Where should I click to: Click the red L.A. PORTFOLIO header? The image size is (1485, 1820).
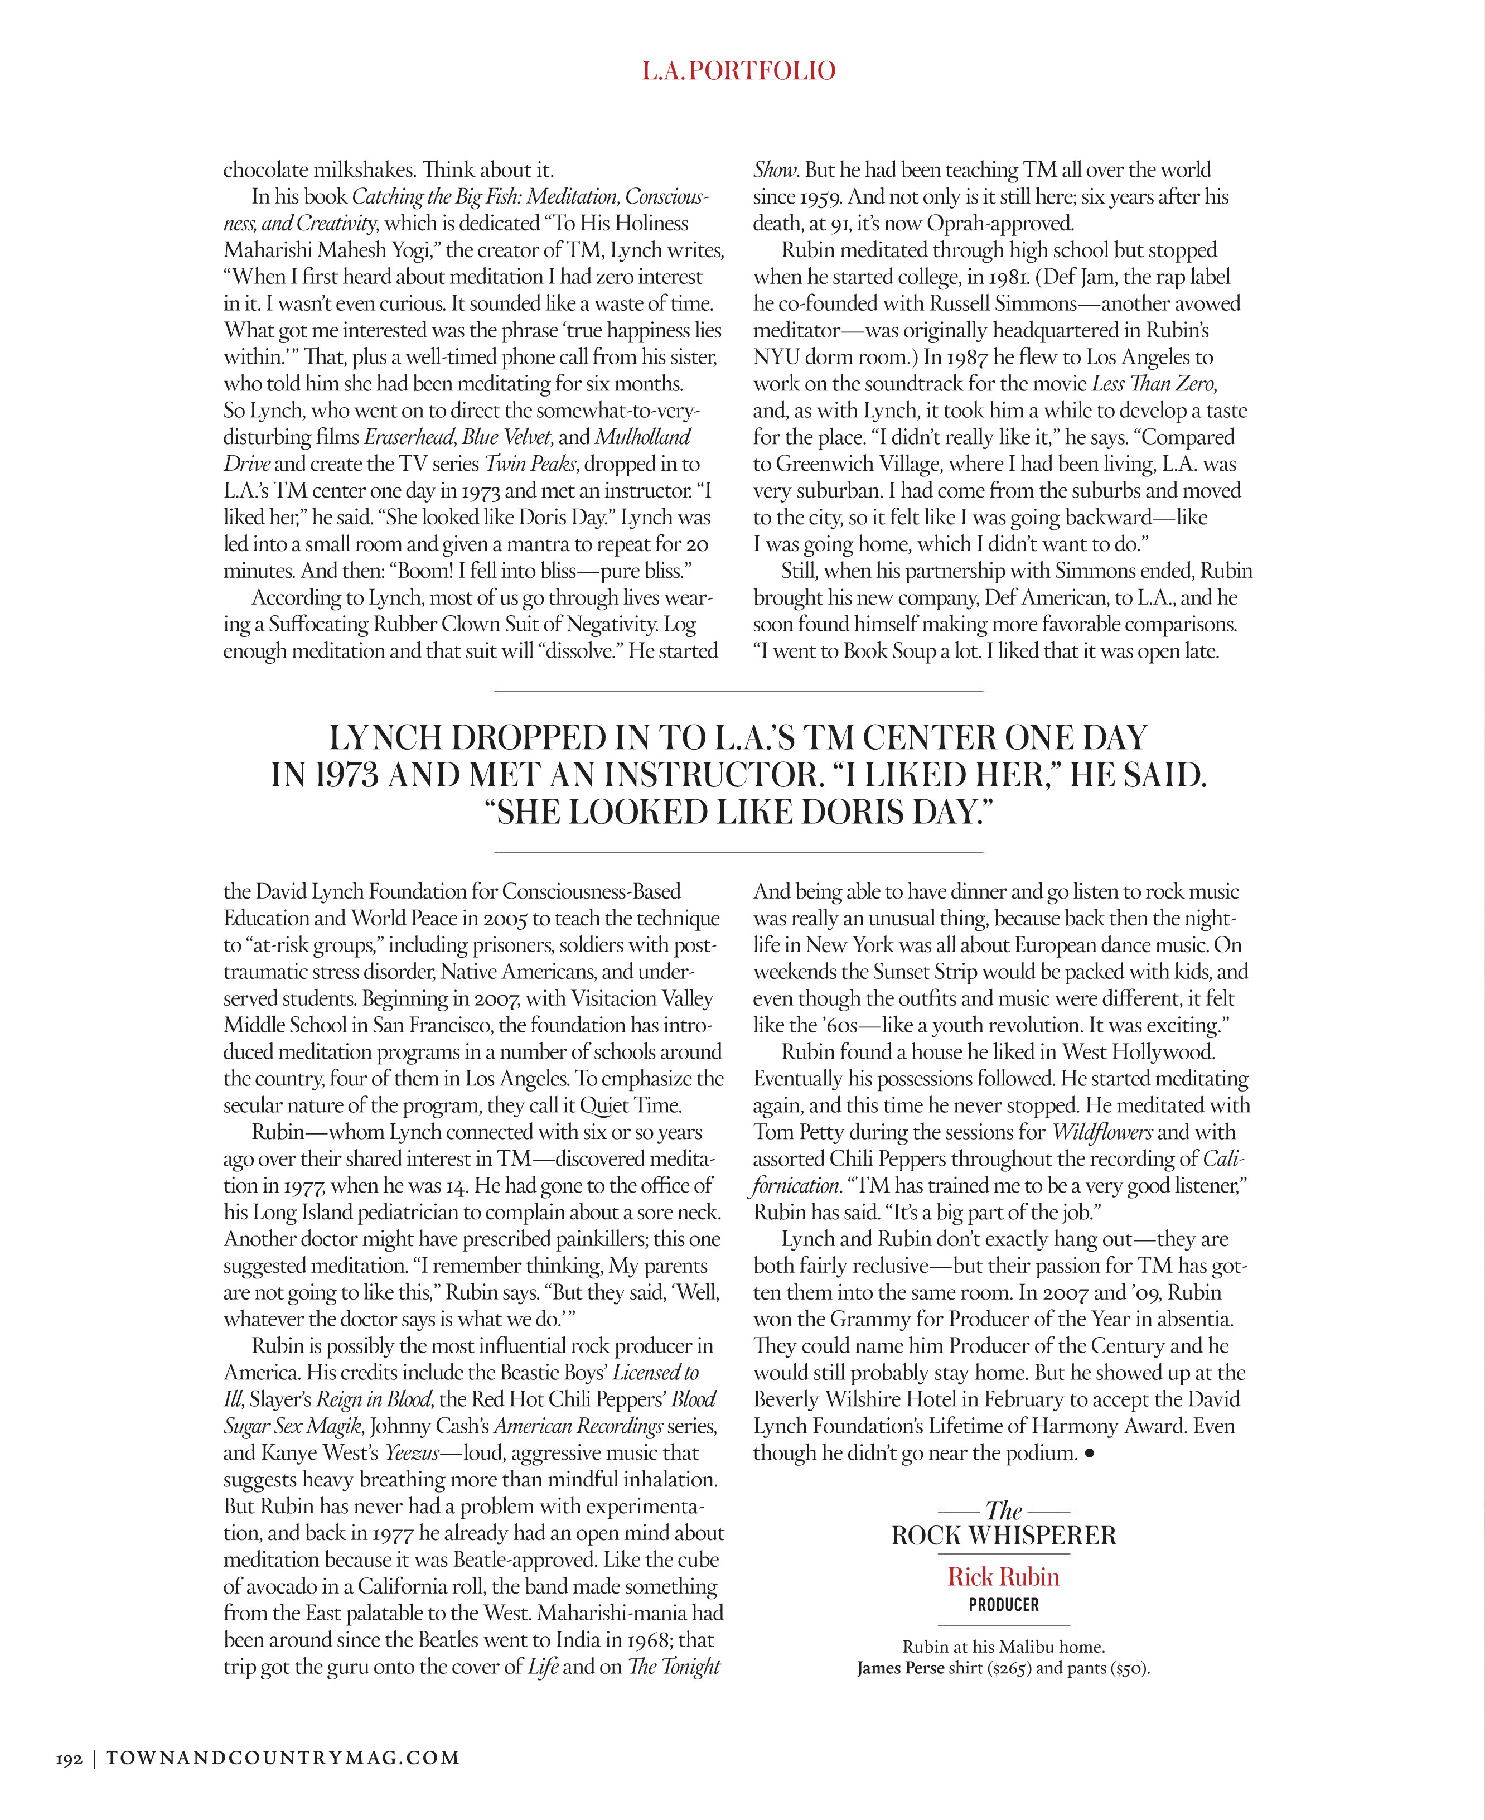pyautogui.click(x=738, y=70)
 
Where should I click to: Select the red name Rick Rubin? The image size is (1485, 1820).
pyautogui.click(x=1003, y=1577)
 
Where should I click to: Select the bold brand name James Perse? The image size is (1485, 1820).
pyautogui.click(x=901, y=1668)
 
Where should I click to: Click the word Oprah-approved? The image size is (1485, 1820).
pyautogui.click(x=1000, y=223)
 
